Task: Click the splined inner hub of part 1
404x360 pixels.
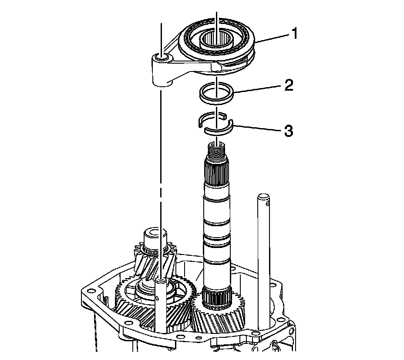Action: pyautogui.click(x=216, y=41)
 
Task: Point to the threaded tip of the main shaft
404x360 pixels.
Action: pyautogui.click(x=216, y=151)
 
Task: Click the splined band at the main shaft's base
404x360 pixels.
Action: pyautogui.click(x=216, y=297)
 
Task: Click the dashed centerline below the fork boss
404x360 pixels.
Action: pyautogui.click(x=161, y=174)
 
